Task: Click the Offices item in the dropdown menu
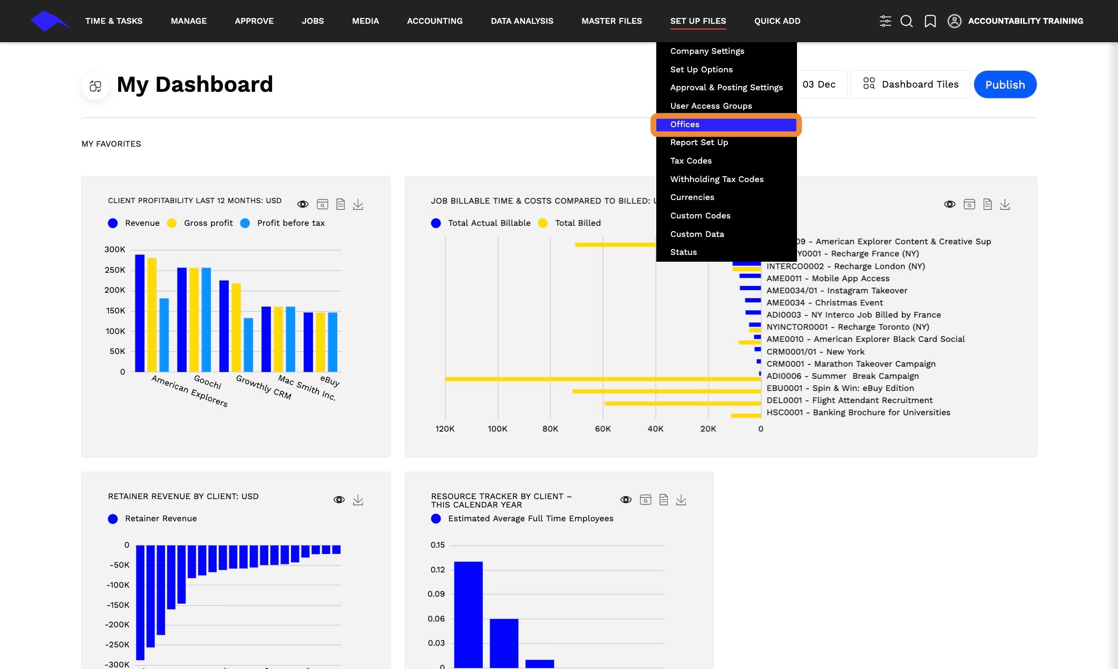point(685,125)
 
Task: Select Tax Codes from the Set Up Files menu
point(691,161)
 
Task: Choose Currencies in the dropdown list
point(692,197)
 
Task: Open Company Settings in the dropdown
point(707,51)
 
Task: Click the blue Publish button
point(1005,84)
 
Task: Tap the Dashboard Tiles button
point(910,84)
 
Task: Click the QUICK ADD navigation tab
point(777,21)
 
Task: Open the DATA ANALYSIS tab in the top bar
point(522,21)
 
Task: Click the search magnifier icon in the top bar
point(906,21)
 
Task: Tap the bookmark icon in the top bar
point(930,21)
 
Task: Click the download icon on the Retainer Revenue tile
point(358,500)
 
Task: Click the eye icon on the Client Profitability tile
point(303,204)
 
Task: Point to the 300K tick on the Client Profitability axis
point(115,250)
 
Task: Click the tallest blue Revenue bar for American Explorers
point(140,313)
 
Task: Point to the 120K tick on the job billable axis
point(445,429)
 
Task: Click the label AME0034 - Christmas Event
point(824,303)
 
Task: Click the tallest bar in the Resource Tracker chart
point(468,615)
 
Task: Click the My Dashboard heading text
point(195,84)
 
